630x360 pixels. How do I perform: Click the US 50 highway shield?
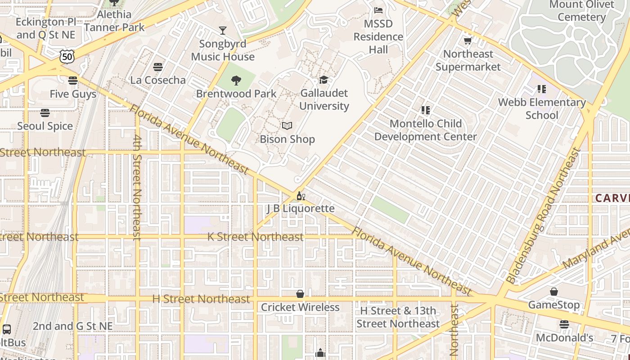66,56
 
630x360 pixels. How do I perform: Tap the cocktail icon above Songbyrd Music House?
222,31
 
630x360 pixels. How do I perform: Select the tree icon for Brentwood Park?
236,81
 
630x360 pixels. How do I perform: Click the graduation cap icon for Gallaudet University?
324,80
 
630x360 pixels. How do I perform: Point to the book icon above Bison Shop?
287,126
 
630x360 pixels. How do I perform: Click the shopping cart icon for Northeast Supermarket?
468,41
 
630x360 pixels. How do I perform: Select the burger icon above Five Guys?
73,81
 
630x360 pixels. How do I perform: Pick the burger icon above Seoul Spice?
45,112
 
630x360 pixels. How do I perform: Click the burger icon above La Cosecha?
157,67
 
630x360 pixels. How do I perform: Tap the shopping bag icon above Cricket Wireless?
300,294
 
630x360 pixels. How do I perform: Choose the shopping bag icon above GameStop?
553,292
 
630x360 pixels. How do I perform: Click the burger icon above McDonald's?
564,324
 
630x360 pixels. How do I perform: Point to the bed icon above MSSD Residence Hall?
378,10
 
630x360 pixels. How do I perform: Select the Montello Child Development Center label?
425,130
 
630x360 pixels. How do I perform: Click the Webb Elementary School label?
542,108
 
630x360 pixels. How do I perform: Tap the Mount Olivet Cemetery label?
581,11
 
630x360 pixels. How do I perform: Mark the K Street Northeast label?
255,237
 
